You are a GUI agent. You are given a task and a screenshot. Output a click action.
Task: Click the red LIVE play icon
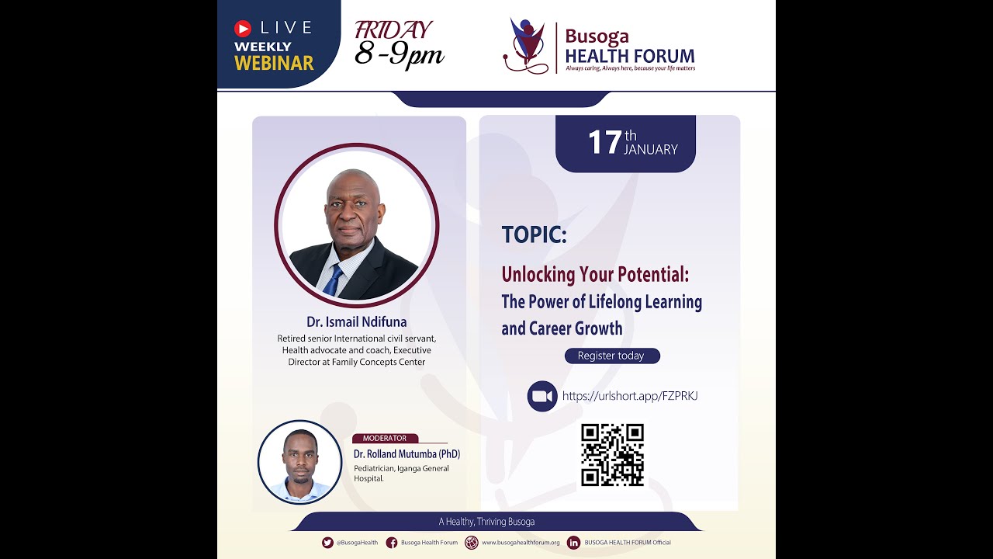pos(243,29)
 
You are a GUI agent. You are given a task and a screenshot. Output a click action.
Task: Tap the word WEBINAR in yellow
pos(274,63)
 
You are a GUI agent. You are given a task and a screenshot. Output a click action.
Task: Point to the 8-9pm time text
pos(399,54)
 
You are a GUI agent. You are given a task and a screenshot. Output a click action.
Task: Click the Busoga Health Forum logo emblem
pos(525,46)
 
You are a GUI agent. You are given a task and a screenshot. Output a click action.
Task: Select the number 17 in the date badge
pos(604,142)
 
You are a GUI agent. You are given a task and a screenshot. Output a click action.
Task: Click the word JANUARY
pos(650,149)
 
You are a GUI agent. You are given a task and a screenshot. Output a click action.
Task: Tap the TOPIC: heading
pos(534,234)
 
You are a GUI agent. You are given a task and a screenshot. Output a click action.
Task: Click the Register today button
pos(611,356)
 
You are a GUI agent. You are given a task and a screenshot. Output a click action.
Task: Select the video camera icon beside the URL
pos(542,396)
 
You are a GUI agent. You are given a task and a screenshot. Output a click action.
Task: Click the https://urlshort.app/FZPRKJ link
pos(630,396)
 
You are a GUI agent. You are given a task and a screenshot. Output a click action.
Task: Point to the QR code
pos(613,455)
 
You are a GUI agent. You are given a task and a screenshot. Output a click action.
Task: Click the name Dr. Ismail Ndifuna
pos(356,321)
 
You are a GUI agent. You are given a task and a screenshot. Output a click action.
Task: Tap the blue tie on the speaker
pos(333,280)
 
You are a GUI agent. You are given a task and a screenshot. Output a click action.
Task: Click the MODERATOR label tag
pos(385,439)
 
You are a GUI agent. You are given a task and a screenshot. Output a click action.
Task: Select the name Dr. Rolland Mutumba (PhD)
pos(407,453)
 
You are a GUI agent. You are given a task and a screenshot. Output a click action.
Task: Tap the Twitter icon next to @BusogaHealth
pos(327,543)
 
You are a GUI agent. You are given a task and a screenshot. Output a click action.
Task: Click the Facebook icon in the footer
pos(392,543)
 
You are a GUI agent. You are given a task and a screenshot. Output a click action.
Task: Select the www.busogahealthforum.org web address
pos(521,543)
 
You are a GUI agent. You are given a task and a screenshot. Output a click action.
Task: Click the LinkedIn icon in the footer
pos(574,543)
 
